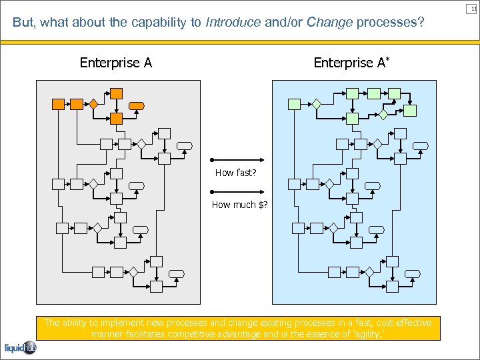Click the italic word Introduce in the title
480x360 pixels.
[233, 23]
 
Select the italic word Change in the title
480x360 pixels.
[329, 23]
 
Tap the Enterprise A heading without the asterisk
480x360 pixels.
[116, 63]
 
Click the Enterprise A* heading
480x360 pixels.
[351, 63]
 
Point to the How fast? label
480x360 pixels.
[235, 173]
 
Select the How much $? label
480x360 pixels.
[239, 205]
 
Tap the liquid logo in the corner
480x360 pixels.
[20, 347]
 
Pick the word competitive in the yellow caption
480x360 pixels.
[195, 334]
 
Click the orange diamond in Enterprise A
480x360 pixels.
[94, 104]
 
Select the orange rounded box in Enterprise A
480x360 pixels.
[137, 105]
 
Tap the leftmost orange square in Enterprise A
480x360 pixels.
[59, 104]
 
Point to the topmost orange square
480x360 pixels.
[117, 93]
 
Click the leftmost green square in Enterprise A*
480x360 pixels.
[294, 104]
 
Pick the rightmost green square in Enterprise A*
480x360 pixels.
[411, 110]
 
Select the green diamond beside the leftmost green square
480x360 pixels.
[317, 104]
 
